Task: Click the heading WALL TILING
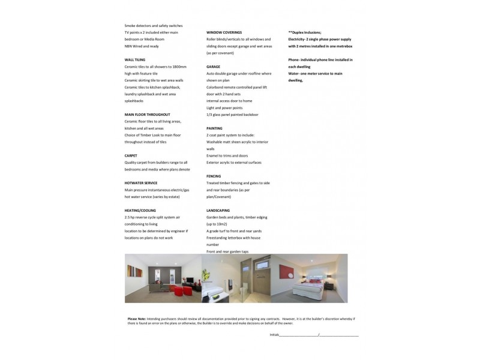click(x=135, y=60)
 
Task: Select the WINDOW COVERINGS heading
click(x=224, y=32)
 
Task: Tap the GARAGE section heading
click(x=213, y=67)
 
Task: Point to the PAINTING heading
click(x=214, y=128)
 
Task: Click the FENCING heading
click(x=214, y=176)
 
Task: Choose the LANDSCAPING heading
click(x=218, y=211)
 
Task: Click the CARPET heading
click(x=131, y=155)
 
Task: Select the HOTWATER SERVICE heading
click(x=141, y=183)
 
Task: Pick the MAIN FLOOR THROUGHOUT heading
click(x=148, y=114)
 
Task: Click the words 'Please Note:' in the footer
click(x=136, y=319)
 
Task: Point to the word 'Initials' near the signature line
click(x=274, y=334)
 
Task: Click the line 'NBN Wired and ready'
click(x=142, y=46)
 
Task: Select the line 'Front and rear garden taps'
click(x=227, y=251)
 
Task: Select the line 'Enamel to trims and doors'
click(x=227, y=155)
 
